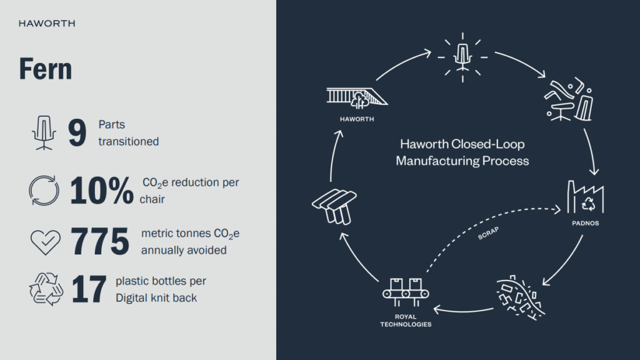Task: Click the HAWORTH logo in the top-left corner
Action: (x=47, y=24)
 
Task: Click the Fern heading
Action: (x=45, y=69)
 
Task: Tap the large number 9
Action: (x=77, y=132)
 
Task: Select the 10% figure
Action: (x=102, y=191)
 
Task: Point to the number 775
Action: (x=99, y=241)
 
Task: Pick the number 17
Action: (x=89, y=289)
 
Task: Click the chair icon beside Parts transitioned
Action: (x=44, y=132)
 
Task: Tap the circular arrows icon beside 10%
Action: (x=44, y=191)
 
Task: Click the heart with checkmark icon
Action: (x=45, y=242)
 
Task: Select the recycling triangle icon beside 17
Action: (x=46, y=289)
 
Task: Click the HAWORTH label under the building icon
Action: (x=357, y=119)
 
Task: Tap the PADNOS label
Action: (x=585, y=223)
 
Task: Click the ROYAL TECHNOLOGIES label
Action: (x=406, y=321)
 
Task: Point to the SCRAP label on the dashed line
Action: (x=488, y=234)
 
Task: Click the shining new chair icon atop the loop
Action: (x=462, y=57)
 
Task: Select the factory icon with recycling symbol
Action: (x=585, y=197)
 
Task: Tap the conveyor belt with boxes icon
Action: (x=406, y=292)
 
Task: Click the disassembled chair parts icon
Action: (x=569, y=99)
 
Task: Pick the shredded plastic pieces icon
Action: (x=519, y=297)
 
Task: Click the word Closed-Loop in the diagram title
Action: (x=487, y=144)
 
